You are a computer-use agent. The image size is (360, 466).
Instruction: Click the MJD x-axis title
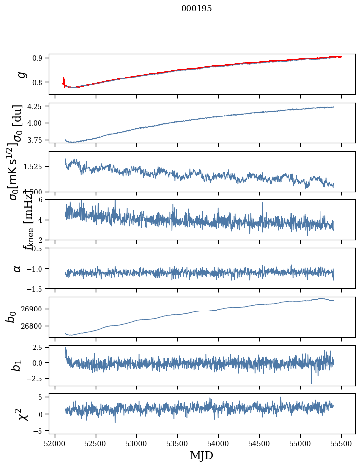coord(201,455)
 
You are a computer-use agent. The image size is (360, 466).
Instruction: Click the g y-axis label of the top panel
coord(21,74)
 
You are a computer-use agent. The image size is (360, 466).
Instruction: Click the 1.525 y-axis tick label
coord(35,167)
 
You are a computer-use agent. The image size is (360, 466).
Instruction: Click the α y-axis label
coord(17,268)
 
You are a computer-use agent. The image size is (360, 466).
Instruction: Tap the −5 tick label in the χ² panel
coord(40,431)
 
